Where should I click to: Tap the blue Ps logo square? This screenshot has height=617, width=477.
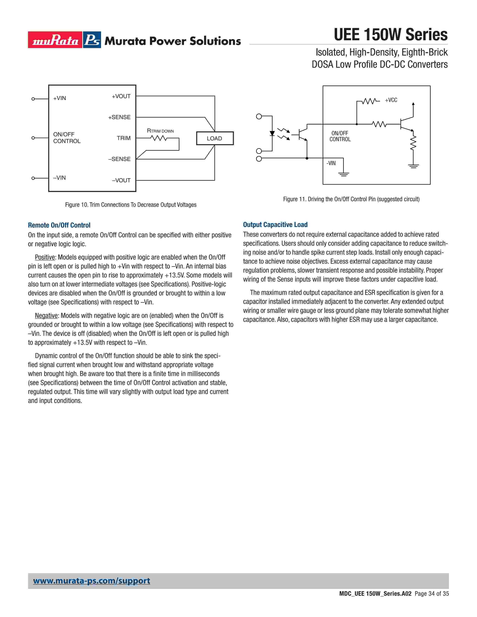(x=92, y=40)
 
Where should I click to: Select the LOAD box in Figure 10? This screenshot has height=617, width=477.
(x=215, y=138)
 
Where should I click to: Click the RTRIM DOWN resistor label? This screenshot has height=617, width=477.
(x=160, y=131)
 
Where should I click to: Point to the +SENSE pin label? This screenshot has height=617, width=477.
(x=119, y=117)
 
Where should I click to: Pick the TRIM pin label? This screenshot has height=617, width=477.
(x=124, y=138)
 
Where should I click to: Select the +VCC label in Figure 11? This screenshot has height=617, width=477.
(x=391, y=100)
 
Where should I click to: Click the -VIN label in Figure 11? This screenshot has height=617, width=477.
(x=331, y=163)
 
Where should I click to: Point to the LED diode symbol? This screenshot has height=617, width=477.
(x=272, y=133)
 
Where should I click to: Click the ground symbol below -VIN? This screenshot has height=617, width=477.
(x=344, y=174)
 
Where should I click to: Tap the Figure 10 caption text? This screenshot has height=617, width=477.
(x=131, y=205)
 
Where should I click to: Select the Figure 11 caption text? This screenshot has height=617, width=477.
(x=351, y=199)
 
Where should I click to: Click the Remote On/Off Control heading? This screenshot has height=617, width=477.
(x=59, y=225)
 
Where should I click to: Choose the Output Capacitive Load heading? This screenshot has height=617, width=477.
(x=275, y=225)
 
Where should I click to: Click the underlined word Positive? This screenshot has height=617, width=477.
(x=45, y=257)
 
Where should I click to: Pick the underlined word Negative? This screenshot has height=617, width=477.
(x=46, y=316)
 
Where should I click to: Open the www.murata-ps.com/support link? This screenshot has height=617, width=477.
(x=91, y=581)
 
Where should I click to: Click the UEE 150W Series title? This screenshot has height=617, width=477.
(x=391, y=35)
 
